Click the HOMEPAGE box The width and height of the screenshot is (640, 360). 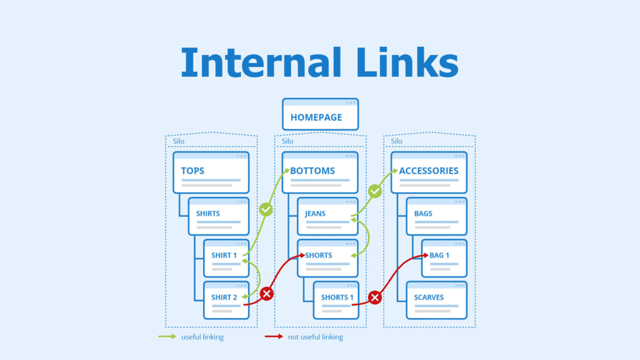320,114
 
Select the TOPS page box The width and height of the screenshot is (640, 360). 211,172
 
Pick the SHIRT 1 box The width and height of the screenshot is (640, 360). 226,258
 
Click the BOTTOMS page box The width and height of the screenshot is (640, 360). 319,172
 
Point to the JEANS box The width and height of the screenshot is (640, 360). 327,216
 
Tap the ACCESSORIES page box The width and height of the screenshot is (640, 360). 429,172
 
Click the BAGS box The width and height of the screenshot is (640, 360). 436,216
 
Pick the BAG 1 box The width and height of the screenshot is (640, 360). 444,258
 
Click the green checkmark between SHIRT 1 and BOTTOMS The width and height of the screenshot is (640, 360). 266,209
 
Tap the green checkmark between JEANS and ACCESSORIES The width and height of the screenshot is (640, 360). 375,191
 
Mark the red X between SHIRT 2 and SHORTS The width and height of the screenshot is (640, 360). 267,293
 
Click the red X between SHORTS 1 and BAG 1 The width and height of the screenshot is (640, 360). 375,297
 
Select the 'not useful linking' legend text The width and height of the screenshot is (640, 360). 315,337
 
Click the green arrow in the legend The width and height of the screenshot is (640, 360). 167,337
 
